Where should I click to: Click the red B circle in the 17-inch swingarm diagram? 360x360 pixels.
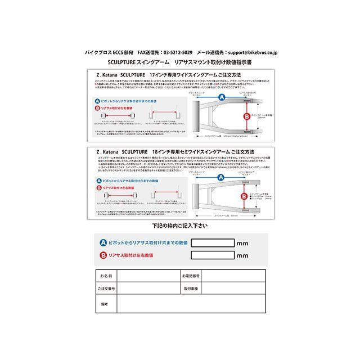click(x=246, y=117)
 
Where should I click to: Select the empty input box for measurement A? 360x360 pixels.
click(x=213, y=243)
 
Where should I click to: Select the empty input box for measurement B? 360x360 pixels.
click(x=213, y=255)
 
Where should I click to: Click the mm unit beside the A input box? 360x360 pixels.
click(x=243, y=244)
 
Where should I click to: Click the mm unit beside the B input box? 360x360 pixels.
click(x=243, y=256)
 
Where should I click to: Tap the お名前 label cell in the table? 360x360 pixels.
click(x=105, y=276)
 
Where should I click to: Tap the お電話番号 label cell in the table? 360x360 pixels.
click(x=191, y=276)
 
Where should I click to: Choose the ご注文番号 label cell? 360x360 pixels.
click(x=105, y=288)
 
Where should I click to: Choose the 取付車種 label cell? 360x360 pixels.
click(x=191, y=288)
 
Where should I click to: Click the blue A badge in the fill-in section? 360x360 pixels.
click(x=103, y=243)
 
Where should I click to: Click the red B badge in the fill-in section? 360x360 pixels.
click(x=103, y=255)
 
